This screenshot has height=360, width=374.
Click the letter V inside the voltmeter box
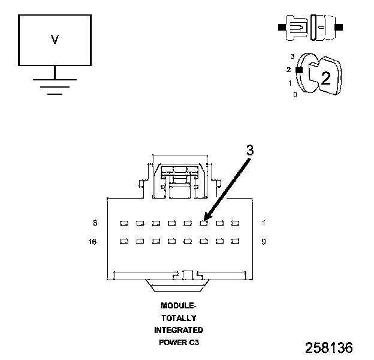pyautogui.click(x=55, y=40)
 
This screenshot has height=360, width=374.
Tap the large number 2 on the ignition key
pyautogui.click(x=325, y=78)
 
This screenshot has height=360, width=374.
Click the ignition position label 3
pyautogui.click(x=292, y=56)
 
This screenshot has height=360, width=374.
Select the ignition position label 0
pyautogui.click(x=295, y=94)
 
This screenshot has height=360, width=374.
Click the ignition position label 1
pyautogui.click(x=290, y=83)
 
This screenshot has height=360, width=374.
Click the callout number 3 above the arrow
pyautogui.click(x=250, y=151)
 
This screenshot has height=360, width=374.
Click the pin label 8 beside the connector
pyautogui.click(x=95, y=223)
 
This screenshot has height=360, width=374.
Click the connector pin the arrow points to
pyautogui.click(x=203, y=223)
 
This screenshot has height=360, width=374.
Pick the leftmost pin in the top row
pyautogui.click(x=123, y=223)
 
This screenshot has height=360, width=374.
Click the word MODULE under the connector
pyautogui.click(x=177, y=305)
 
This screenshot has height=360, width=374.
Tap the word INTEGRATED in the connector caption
pyautogui.click(x=178, y=330)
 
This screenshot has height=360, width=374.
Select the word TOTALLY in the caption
pyautogui.click(x=178, y=318)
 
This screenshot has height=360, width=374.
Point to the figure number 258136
pyautogui.click(x=328, y=347)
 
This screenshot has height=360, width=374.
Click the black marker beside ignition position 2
pyautogui.click(x=298, y=70)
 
